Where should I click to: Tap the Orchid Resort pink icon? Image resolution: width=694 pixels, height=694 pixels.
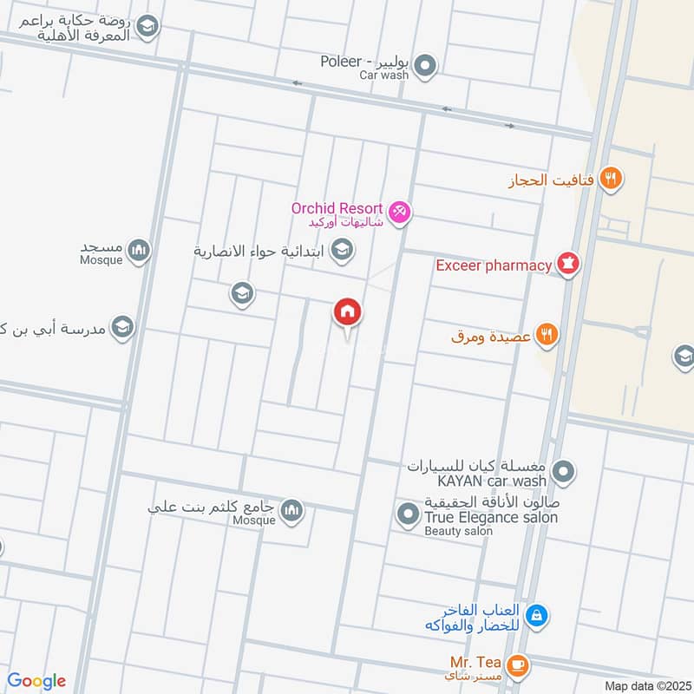click(x=399, y=210)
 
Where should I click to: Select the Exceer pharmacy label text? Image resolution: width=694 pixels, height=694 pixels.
click(x=494, y=265)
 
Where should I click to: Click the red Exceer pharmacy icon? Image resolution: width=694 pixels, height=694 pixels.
click(x=568, y=264)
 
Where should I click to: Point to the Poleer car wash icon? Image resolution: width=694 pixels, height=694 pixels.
click(x=425, y=64)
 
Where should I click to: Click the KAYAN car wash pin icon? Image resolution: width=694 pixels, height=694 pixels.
click(x=565, y=473)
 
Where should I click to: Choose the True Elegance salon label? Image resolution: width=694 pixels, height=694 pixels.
click(x=491, y=517)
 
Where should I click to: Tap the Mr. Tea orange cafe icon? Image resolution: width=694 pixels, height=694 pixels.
click(x=518, y=665)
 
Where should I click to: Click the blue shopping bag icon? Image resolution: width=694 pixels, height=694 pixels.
click(x=537, y=616)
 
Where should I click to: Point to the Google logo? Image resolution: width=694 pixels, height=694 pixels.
click(x=36, y=681)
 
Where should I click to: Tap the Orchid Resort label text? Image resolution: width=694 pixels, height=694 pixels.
click(x=337, y=208)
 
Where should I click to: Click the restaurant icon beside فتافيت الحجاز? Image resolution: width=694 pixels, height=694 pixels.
click(x=612, y=179)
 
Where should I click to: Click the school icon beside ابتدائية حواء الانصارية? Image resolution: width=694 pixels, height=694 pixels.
click(x=343, y=251)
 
